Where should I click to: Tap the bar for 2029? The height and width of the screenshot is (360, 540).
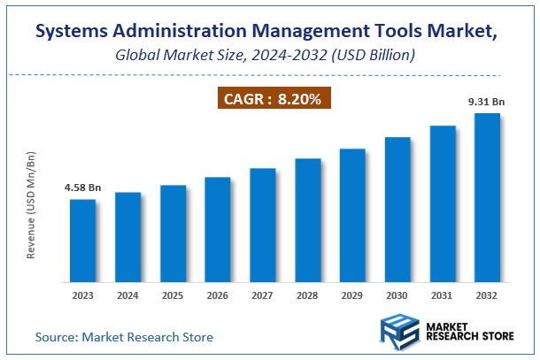point(352,214)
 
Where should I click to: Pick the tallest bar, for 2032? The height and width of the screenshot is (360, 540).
point(487,196)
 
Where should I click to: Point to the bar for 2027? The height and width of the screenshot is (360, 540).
point(262,224)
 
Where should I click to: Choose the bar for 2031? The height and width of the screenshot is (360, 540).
point(443,203)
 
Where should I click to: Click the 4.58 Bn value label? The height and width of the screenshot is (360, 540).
point(82,188)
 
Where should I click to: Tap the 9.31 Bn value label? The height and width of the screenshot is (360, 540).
point(486,102)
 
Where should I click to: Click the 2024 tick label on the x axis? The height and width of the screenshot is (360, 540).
point(127,296)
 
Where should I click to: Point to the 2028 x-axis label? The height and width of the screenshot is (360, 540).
point(307,296)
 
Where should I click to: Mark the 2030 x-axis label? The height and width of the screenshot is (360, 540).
point(397,296)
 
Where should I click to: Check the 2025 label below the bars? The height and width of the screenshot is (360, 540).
point(173,296)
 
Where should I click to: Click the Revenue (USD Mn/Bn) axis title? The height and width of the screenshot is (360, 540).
point(31,205)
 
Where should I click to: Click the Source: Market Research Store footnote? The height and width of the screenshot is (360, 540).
point(124,337)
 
